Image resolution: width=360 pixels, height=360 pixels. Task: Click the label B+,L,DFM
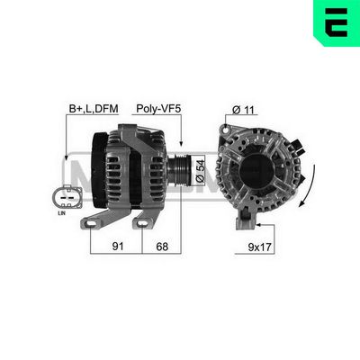coord(93,110)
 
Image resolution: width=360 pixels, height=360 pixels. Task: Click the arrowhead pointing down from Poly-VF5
coord(180,144)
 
